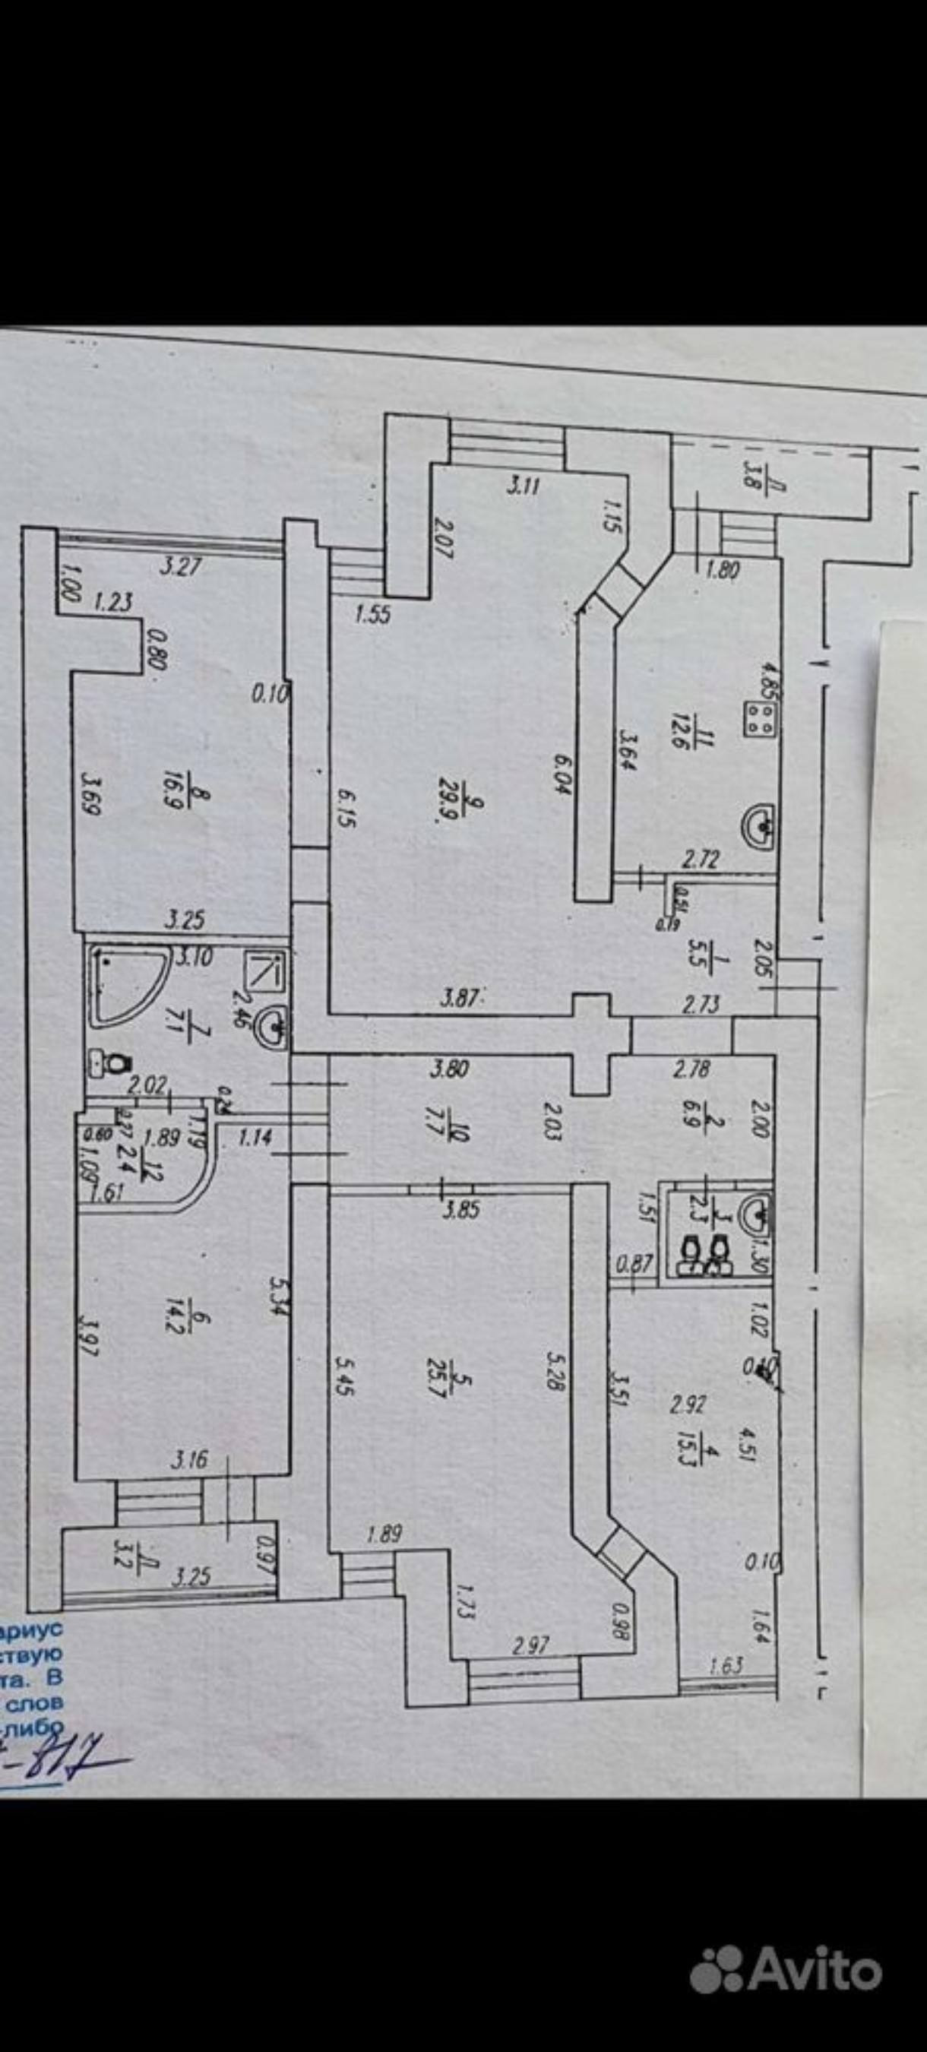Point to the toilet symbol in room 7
click(x=109, y=1062)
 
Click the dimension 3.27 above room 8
click(x=180, y=567)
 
